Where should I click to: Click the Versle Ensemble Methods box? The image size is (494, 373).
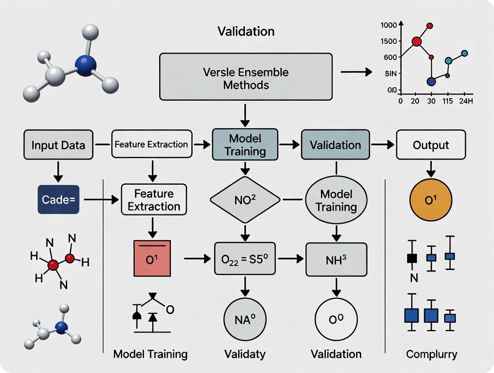coord(246,77)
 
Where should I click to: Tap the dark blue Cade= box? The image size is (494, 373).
coord(58,199)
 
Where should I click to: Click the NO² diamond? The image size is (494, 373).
coord(245,199)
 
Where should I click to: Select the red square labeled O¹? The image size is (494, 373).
coord(152,258)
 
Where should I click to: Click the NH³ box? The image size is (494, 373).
coord(336,259)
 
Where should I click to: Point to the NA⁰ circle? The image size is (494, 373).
coord(245,320)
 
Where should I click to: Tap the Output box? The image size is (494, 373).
coord(431,145)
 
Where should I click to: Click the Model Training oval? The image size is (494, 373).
coord(336,200)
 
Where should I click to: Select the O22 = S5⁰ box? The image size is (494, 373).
coord(245,259)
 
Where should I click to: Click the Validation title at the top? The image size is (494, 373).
coord(246,31)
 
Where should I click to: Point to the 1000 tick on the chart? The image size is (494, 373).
coord(389,26)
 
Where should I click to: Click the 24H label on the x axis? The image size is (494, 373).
coord(465,101)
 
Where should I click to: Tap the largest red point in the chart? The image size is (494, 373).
coord(417,41)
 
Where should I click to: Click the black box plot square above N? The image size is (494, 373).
coord(412,258)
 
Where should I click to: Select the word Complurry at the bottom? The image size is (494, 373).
coord(431,354)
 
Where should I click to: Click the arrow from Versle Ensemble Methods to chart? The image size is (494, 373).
coord(356,72)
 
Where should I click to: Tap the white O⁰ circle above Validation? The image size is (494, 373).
coord(336,320)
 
